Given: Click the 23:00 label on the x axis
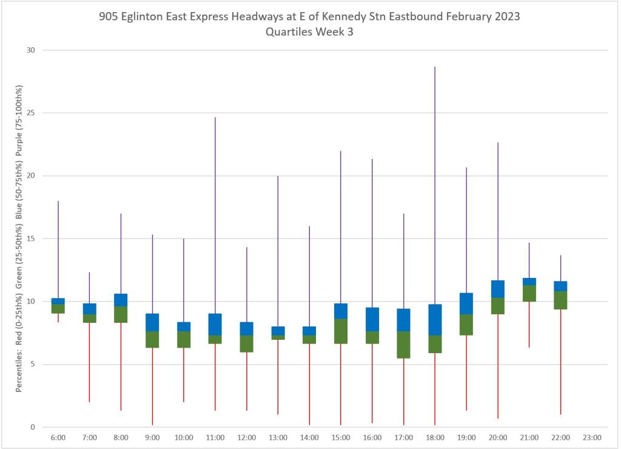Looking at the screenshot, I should pos(591,437).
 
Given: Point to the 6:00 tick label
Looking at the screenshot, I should pos(58,437).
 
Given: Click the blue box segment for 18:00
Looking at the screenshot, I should pos(435,320).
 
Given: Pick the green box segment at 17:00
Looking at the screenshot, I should pos(403,345).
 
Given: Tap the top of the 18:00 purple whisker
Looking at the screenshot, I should pos(435,67).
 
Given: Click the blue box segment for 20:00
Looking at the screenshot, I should pos(497,289).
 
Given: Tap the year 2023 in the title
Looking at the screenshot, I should pos(506,17).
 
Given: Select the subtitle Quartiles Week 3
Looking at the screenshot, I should pos(309,32).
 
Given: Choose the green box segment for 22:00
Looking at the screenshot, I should pos(560,300).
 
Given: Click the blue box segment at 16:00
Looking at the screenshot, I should pos(372,319).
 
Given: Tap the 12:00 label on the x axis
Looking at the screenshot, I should pos(246,437).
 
